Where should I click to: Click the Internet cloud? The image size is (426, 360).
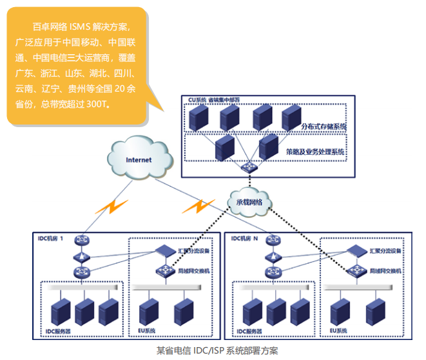138,158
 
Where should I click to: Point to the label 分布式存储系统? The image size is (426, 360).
324,126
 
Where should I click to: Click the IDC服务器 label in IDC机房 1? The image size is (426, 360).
57,331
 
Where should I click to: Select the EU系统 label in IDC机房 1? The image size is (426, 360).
146,330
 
